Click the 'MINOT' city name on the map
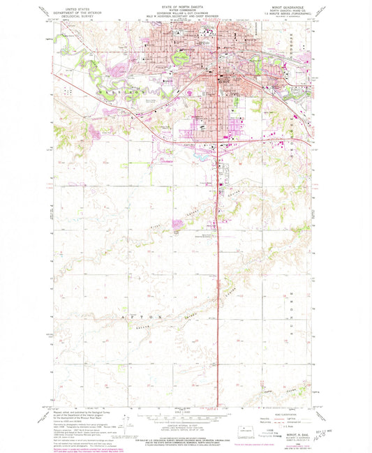(222, 80)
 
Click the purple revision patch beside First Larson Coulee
(179, 224)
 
